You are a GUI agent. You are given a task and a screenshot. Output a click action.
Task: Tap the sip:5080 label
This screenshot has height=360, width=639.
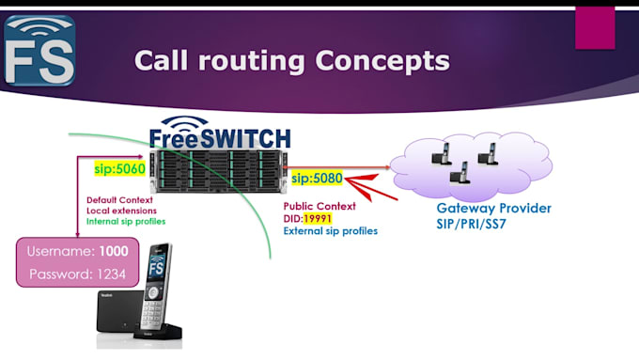[317, 177]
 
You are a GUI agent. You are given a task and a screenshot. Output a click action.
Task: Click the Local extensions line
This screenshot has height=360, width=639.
[120, 211]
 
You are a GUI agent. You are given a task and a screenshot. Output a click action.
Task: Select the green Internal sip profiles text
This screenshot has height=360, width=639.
[127, 222]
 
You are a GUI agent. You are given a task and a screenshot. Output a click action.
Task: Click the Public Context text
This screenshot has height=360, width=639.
[319, 206]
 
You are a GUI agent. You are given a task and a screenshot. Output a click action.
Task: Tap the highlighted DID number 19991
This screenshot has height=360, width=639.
[319, 218]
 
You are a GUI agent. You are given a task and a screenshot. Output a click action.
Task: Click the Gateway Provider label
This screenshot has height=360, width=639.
[493, 208]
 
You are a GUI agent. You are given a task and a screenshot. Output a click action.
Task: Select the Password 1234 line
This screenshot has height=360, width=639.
[79, 274]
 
